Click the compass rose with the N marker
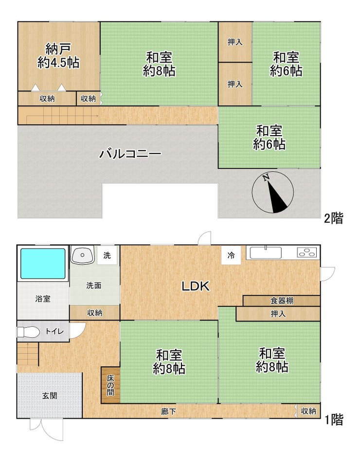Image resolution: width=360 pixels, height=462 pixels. click(x=273, y=192)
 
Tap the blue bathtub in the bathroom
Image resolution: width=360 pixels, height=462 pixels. click(x=43, y=264)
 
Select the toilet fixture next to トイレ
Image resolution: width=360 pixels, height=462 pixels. click(x=28, y=332)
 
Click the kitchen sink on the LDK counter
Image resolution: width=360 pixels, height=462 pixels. click(x=266, y=253)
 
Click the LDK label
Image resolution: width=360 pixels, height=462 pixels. click(x=196, y=286)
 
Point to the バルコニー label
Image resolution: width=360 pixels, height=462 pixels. click(x=130, y=154)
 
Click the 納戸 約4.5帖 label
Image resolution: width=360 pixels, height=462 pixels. click(x=58, y=56)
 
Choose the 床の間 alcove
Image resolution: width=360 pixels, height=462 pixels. click(x=110, y=385)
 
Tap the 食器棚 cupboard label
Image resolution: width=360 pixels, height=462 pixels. click(x=282, y=301)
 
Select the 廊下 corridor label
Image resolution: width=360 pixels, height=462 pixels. click(x=169, y=411)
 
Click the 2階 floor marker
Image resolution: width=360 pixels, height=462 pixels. click(x=334, y=219)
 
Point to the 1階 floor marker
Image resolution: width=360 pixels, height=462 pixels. click(x=334, y=420)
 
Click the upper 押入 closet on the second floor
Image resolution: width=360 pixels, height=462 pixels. click(x=235, y=42)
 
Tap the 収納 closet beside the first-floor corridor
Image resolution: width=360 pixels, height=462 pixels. click(x=308, y=411)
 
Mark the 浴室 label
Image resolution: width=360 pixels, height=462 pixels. click(x=43, y=299)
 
